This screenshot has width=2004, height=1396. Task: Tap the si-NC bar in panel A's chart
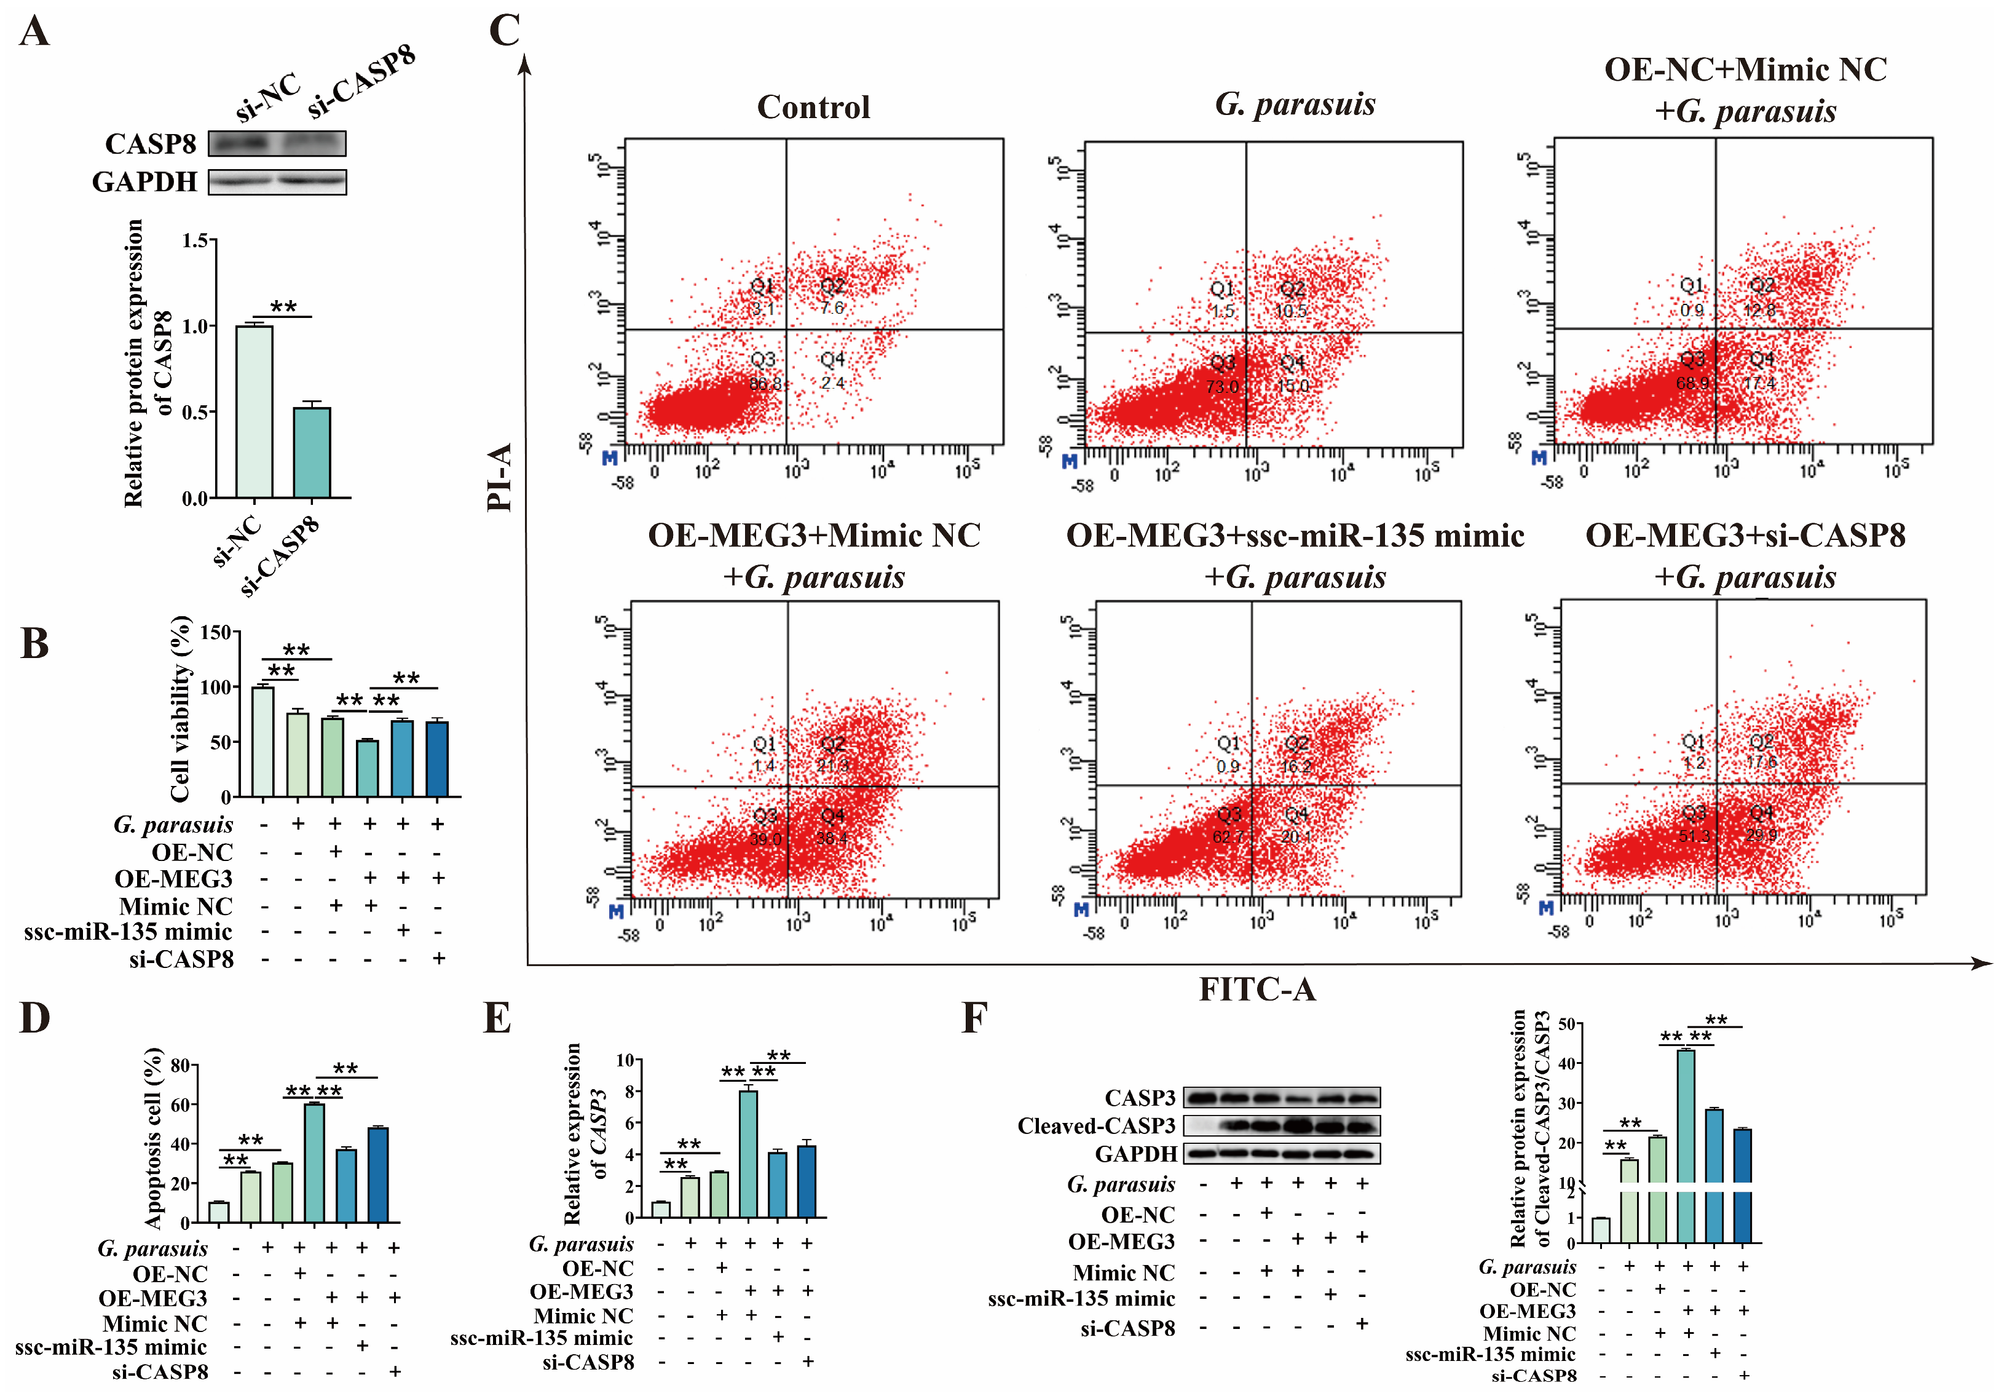click(254, 411)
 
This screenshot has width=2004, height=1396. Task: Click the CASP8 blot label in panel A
click(150, 144)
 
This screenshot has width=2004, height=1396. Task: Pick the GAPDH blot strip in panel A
click(278, 181)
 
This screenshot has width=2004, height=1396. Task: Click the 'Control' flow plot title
click(813, 108)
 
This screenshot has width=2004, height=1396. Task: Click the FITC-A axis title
click(1257, 989)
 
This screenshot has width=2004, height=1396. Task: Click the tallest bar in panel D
click(314, 1163)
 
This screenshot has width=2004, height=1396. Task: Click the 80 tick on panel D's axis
click(179, 1066)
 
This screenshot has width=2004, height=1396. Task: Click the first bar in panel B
click(262, 742)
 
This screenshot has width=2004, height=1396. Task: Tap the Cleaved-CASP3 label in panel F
click(1096, 1126)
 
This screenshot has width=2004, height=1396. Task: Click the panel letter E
click(497, 1019)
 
